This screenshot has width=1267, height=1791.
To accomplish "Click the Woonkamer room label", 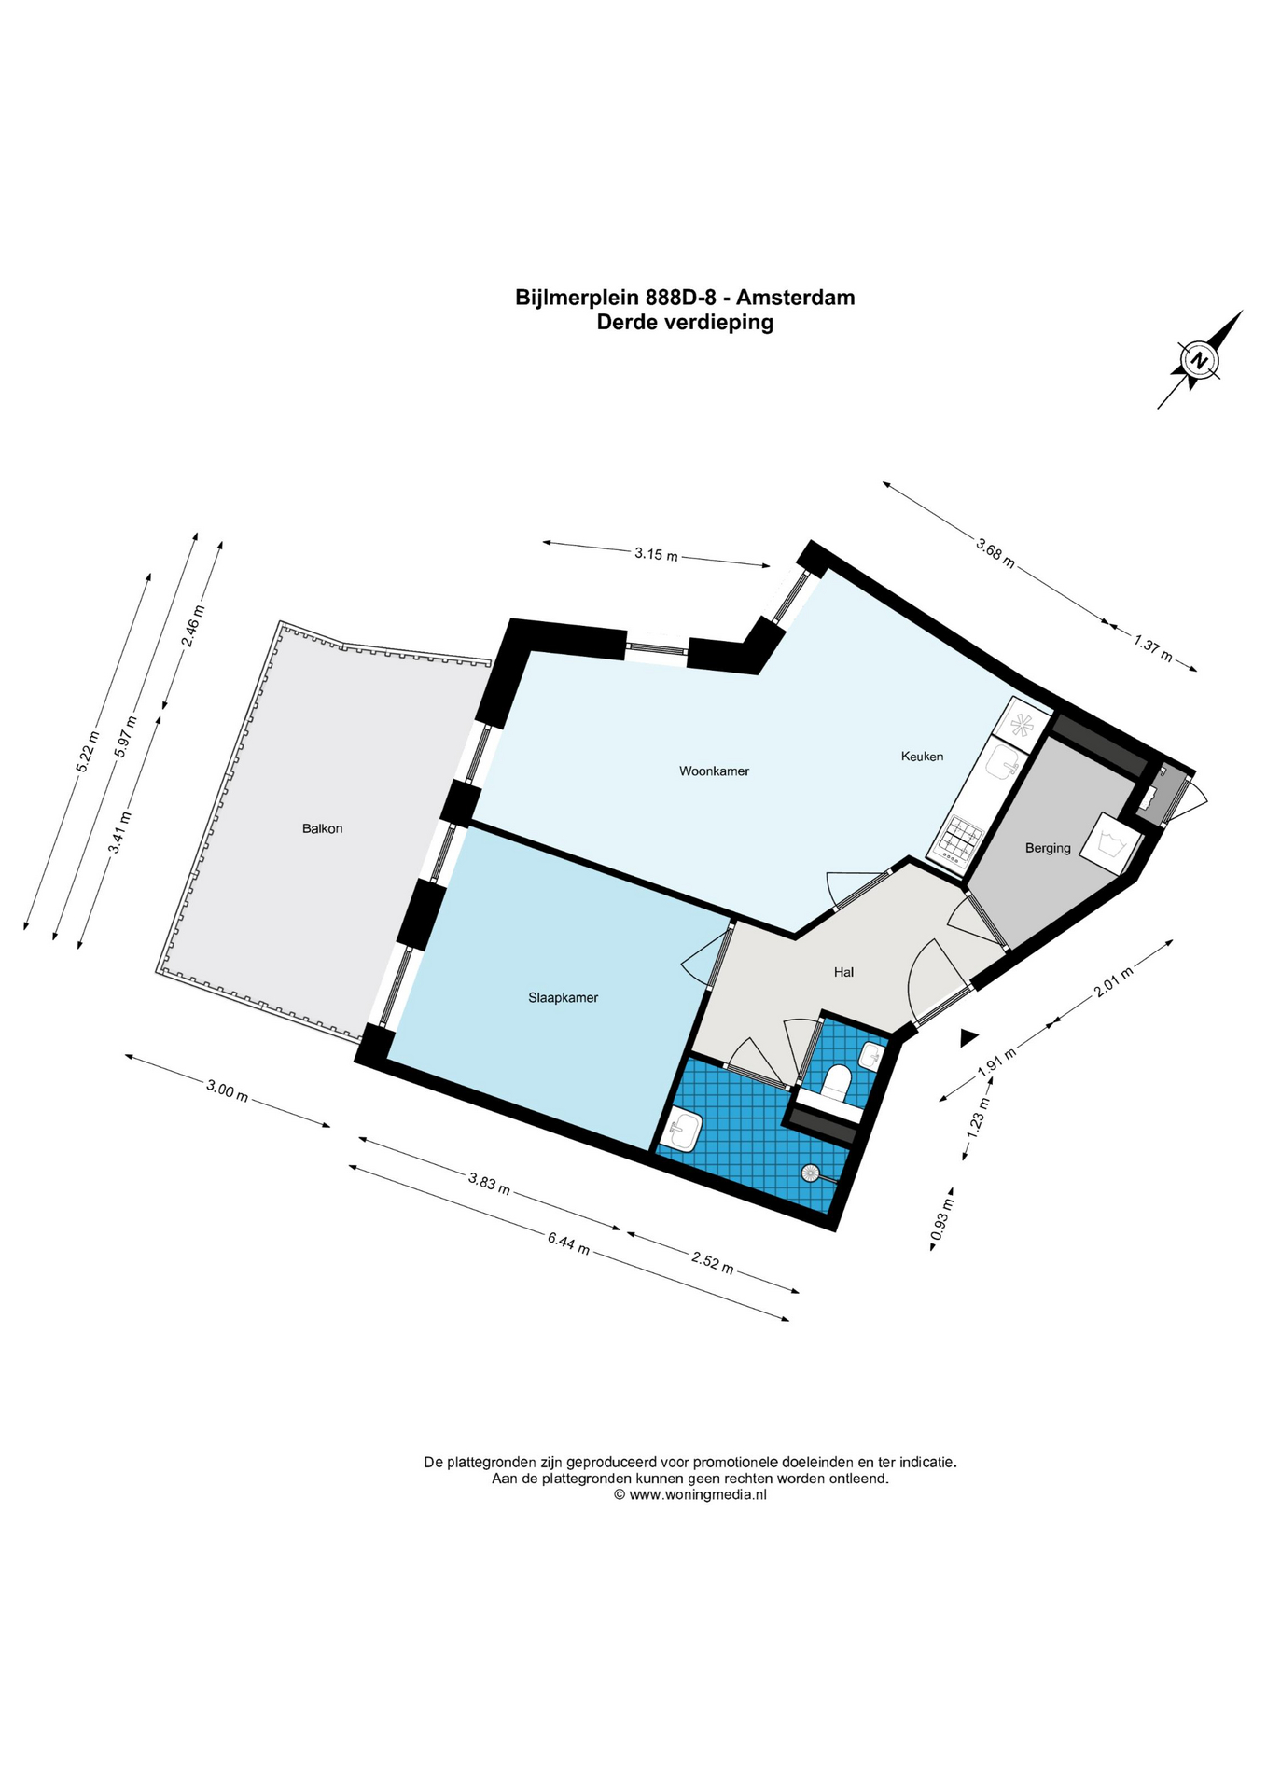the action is tap(714, 771).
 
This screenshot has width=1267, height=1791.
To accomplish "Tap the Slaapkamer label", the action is tap(563, 998).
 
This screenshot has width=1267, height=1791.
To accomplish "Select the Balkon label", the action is tap(322, 828).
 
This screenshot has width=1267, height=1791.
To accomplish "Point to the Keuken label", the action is tap(922, 757).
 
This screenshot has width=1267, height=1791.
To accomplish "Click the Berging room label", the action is tap(1048, 849).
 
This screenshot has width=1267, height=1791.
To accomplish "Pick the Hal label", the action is tap(843, 972).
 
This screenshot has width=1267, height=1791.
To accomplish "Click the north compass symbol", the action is tap(1200, 360).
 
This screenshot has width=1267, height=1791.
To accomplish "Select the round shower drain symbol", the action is tap(810, 1173).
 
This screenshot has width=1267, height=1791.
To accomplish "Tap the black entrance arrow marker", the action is tap(968, 1036).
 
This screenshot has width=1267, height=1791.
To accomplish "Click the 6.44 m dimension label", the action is tap(568, 1243).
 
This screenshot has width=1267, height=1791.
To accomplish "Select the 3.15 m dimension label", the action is tap(655, 554).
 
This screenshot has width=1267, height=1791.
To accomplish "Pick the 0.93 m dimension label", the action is tap(941, 1218).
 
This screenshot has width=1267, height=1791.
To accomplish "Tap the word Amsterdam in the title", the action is tap(795, 298).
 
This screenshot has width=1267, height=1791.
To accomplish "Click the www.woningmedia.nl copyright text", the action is tap(689, 1494).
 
